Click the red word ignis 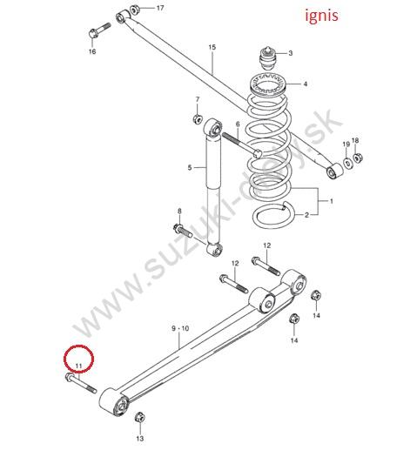tap(321, 16)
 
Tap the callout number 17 tap(160, 8)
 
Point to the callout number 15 tap(212, 47)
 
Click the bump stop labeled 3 tap(267, 58)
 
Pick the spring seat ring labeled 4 tap(268, 84)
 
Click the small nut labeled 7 tap(198, 118)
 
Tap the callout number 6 tap(238, 124)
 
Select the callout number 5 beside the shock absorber tap(190, 167)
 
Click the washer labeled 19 tap(347, 163)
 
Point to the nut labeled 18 tap(357, 158)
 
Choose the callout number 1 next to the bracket tap(332, 201)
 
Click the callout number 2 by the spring tap(306, 215)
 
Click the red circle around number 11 tap(79, 359)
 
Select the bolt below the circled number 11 tap(81, 383)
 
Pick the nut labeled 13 tap(140, 418)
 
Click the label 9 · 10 tap(180, 328)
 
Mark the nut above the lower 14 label tap(294, 319)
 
